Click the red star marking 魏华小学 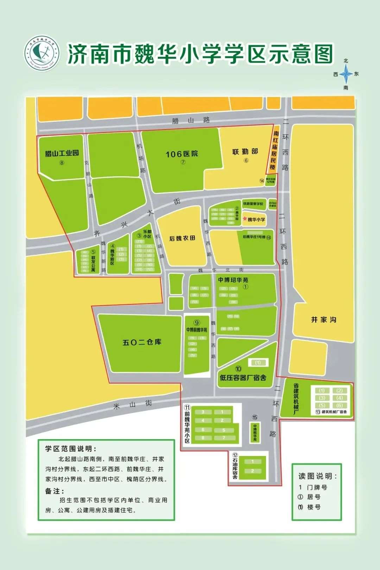tap(245, 219)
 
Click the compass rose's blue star tap(346, 74)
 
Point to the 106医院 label tap(182, 154)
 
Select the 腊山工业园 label tap(62, 153)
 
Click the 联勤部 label tap(245, 152)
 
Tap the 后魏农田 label tap(182, 238)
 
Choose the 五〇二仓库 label tap(142, 342)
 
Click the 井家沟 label tap(323, 319)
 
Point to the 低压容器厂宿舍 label tap(243, 378)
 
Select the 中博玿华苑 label tap(233, 280)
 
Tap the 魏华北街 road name tap(221, 270)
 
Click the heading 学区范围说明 tap(70, 449)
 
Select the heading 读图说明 tap(318, 476)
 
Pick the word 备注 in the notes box tap(55, 491)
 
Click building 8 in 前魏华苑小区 tap(203, 438)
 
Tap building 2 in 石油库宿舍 tap(252, 471)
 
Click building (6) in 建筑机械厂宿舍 tap(339, 405)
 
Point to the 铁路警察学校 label tap(253, 204)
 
